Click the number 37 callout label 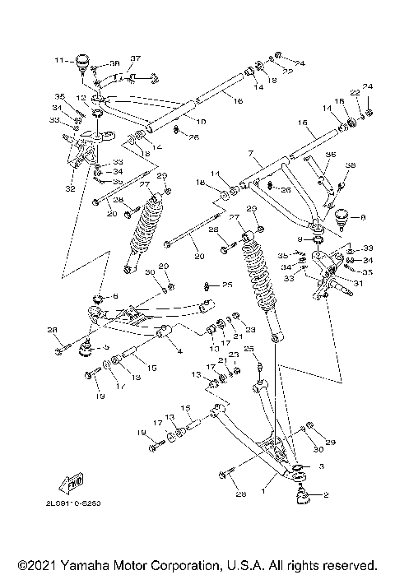[x=136, y=58]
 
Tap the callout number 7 [x=249, y=154]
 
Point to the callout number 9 [x=300, y=239]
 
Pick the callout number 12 [x=81, y=97]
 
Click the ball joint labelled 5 [x=83, y=348]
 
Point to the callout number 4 [x=179, y=351]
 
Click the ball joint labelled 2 [x=302, y=494]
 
